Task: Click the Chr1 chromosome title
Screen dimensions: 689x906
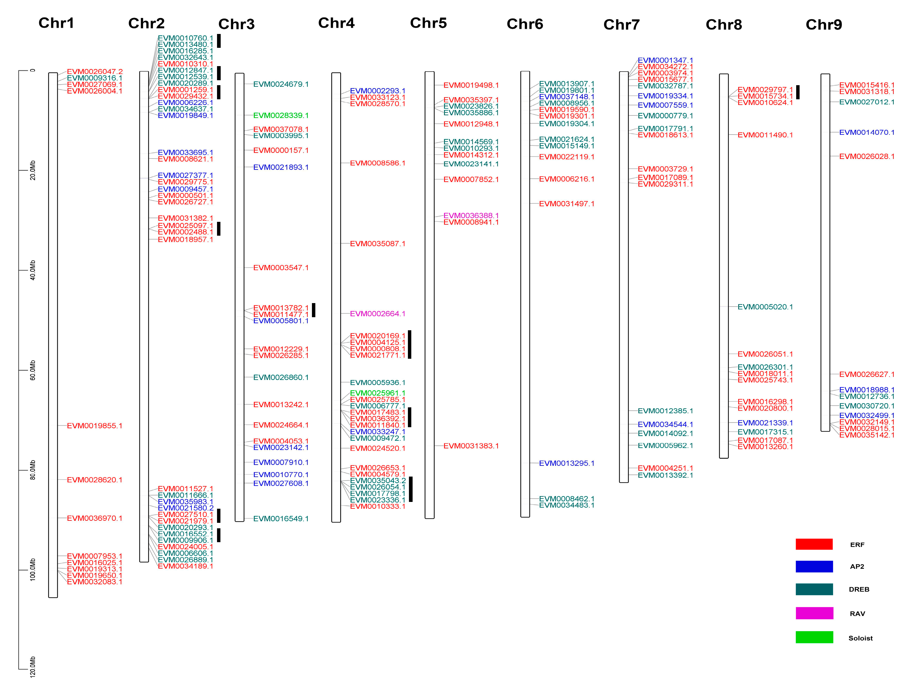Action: pos(56,23)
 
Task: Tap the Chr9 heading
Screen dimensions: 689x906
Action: pos(824,25)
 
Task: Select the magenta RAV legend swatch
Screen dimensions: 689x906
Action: pos(814,613)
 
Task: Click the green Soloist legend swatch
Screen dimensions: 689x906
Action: pos(814,637)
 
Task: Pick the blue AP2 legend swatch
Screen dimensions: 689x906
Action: pos(814,566)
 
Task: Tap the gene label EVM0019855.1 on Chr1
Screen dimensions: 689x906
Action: pos(94,426)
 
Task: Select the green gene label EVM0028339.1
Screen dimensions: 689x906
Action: pos(281,116)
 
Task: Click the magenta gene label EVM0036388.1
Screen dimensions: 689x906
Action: pos(471,216)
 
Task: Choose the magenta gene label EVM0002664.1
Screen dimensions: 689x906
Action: pos(378,314)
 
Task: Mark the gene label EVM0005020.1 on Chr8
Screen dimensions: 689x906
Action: pos(765,307)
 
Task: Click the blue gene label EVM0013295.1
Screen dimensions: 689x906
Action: pos(567,464)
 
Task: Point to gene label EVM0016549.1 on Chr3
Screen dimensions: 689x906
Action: pos(281,519)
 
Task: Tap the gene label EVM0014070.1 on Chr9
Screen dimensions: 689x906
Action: pos(867,132)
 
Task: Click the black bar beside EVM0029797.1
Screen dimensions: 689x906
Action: pos(798,92)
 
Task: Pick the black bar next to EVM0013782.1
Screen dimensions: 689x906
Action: pos(314,310)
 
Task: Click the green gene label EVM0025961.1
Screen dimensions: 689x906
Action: pos(378,393)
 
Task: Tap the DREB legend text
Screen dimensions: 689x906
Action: pos(859,589)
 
